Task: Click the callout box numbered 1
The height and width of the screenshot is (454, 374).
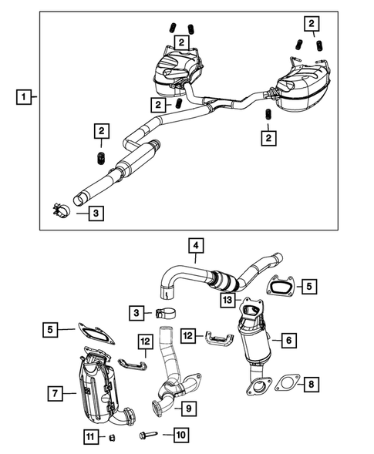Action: (25, 98)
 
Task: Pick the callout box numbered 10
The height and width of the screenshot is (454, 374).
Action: (180, 436)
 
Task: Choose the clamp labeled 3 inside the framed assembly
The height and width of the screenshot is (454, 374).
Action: (59, 210)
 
